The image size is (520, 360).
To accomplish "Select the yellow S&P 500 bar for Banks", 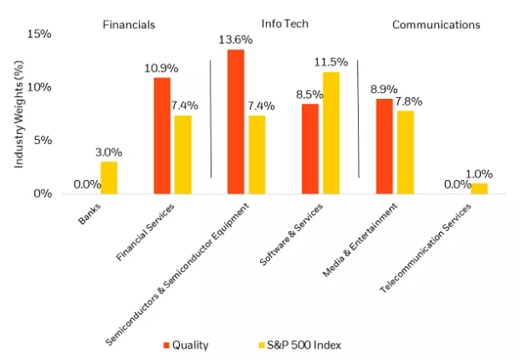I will coord(108,177).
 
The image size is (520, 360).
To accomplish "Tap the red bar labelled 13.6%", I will coord(236,121).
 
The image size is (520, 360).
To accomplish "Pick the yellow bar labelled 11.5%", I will coord(331,132).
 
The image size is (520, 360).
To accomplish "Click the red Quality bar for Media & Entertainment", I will coord(384,146).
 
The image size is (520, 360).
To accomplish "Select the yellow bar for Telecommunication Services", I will coord(479,189).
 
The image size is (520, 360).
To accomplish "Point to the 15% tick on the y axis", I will coord(39,34).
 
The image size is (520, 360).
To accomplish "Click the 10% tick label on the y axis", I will coord(39,87).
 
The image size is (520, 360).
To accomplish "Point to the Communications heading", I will coord(436,25).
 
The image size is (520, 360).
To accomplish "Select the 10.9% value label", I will coord(162,69).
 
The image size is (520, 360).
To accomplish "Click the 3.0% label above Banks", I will coord(108,152).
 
